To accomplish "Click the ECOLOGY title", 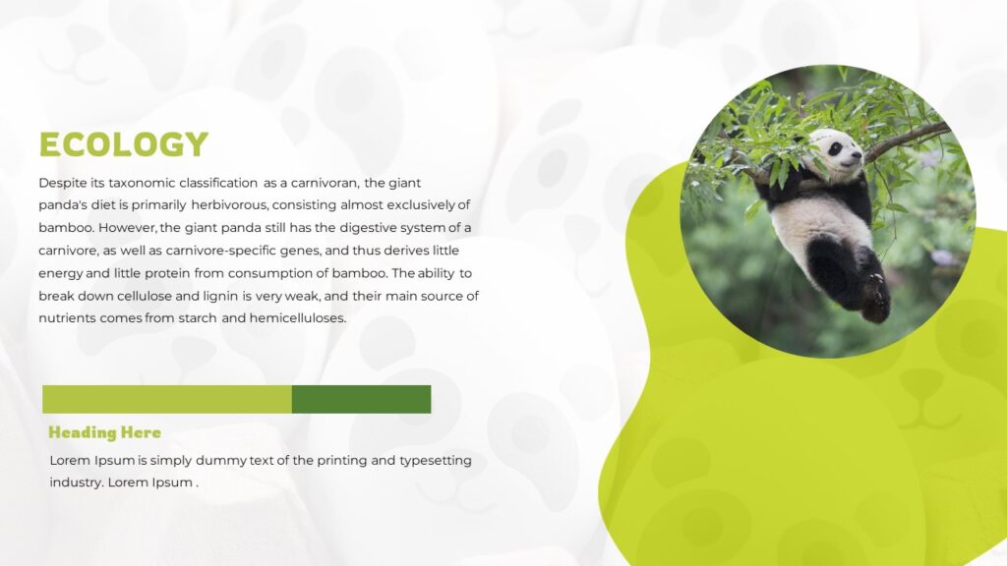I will (x=123, y=144).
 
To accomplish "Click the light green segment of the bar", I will (x=166, y=399).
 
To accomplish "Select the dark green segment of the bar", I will (x=361, y=399).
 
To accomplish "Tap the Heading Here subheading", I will (x=104, y=432).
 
